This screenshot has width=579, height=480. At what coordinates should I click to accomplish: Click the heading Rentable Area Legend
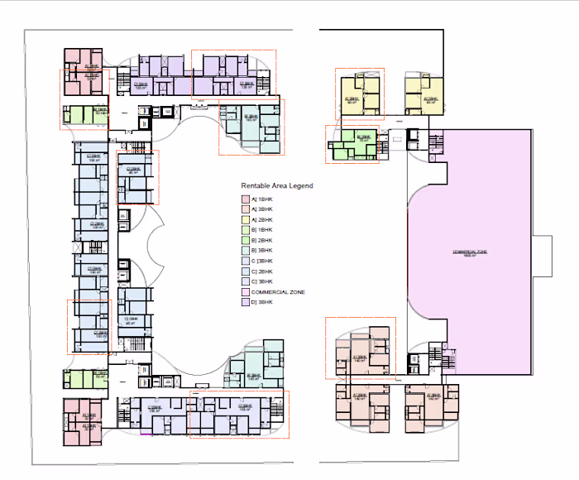click(276, 186)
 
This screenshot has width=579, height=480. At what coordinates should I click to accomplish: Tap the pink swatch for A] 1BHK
click(245, 199)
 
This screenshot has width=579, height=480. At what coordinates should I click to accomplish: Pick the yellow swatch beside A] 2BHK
click(245, 219)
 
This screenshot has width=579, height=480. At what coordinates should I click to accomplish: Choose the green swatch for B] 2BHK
click(245, 240)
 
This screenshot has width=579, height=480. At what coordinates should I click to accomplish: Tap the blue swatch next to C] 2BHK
click(245, 271)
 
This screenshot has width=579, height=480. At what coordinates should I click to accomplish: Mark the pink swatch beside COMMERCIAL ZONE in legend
click(245, 291)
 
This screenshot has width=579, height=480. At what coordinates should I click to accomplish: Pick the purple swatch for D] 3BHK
click(245, 302)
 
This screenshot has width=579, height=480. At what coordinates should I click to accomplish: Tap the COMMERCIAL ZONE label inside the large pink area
click(471, 252)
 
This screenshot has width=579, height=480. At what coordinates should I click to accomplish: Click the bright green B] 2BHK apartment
click(354, 142)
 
